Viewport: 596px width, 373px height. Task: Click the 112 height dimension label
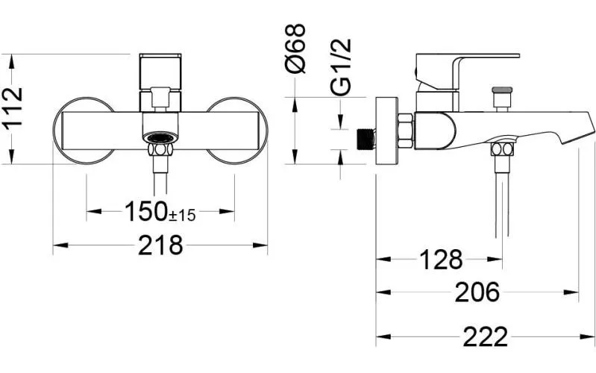click(x=13, y=108)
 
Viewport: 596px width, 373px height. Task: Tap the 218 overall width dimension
click(x=160, y=245)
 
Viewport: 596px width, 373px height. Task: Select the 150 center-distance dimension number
click(x=146, y=211)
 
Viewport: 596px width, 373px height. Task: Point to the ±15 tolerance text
click(x=182, y=216)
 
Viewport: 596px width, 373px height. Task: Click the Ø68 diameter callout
click(x=295, y=48)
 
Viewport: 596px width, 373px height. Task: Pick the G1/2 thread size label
click(x=341, y=67)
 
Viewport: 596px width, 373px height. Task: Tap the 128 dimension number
click(x=441, y=260)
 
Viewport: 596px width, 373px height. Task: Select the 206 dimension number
click(x=477, y=292)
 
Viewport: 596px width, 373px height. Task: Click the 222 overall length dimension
click(x=486, y=336)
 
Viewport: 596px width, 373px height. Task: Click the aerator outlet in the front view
click(x=160, y=138)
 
